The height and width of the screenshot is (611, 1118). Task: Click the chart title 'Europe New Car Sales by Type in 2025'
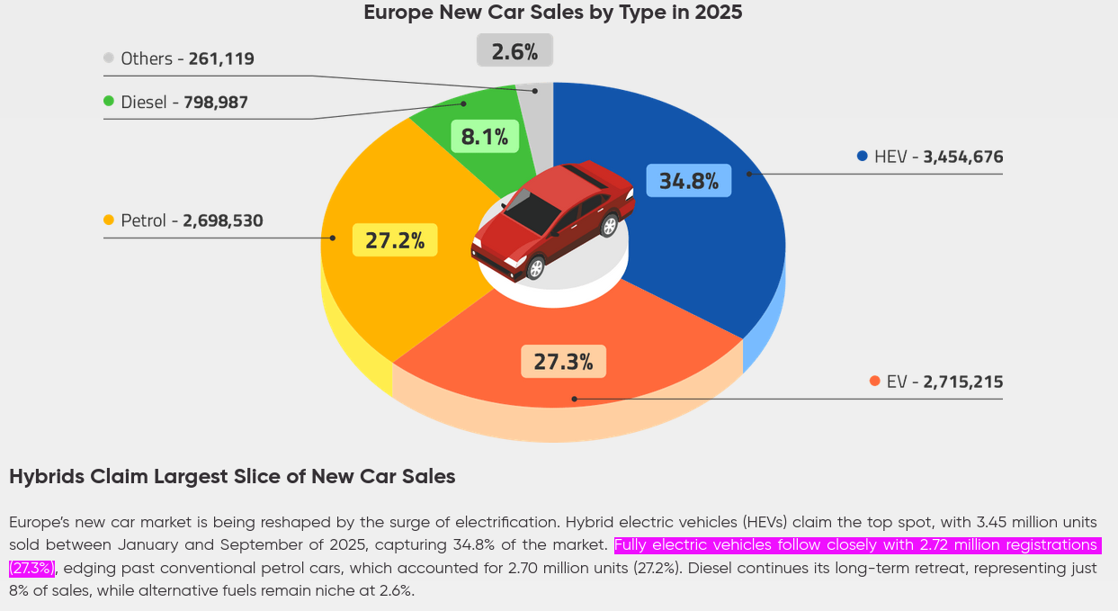pos(552,13)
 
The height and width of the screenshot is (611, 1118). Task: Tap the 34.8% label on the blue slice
pos(689,181)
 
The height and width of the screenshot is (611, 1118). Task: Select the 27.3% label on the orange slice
pos(563,362)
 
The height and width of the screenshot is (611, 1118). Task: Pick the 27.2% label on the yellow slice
pos(394,240)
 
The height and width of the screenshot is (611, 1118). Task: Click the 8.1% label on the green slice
pos(484,137)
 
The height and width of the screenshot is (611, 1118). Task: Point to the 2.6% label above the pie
pos(514,51)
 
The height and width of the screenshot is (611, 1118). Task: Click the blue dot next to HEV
pos(862,157)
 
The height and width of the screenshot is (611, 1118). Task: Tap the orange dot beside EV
pos(874,382)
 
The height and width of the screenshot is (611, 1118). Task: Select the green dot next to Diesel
pos(109,102)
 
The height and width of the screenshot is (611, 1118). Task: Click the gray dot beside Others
pos(109,58)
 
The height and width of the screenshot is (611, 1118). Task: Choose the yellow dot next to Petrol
pos(109,220)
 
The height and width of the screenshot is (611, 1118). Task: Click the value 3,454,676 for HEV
pos(962,157)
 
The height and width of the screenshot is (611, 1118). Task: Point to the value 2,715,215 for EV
pos(962,382)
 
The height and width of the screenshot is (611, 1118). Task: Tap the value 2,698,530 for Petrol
pos(222,220)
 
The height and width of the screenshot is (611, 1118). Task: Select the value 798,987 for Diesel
pos(216,103)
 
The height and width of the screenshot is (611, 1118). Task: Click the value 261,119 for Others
pos(221,59)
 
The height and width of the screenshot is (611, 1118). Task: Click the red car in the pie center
pos(552,218)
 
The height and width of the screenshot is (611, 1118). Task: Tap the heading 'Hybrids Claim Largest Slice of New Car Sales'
pos(232,477)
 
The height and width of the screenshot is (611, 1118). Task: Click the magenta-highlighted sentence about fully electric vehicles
pos(854,545)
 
